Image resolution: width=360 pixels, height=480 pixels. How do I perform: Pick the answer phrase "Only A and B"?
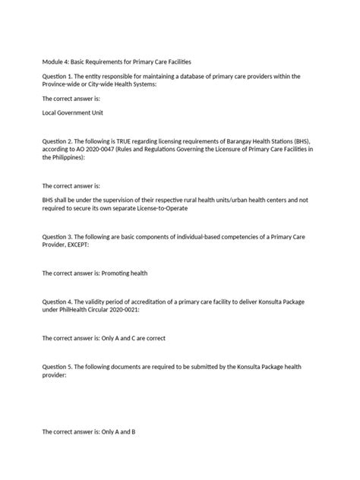pos(117,432)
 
